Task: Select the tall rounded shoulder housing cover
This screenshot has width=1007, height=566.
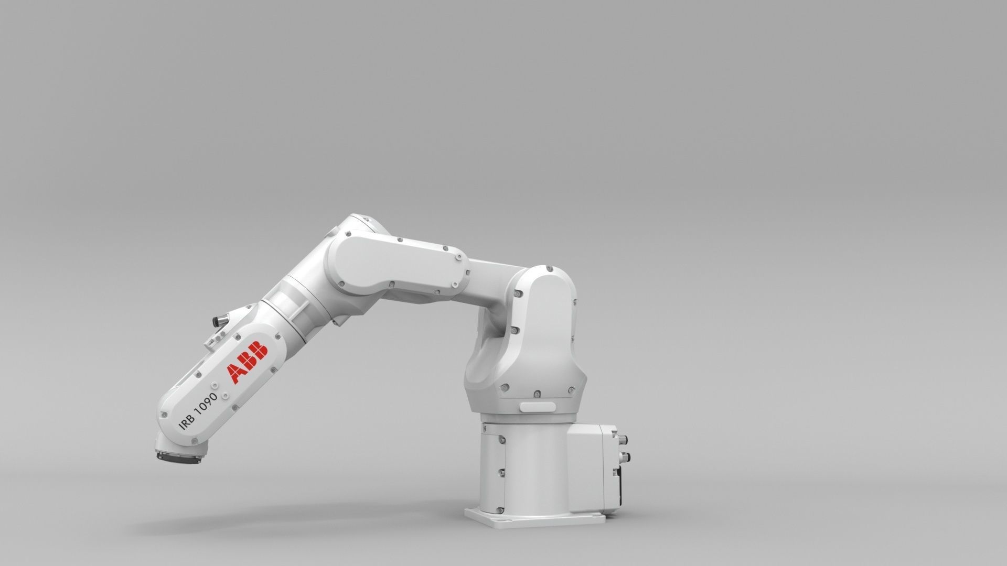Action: [545, 335]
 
